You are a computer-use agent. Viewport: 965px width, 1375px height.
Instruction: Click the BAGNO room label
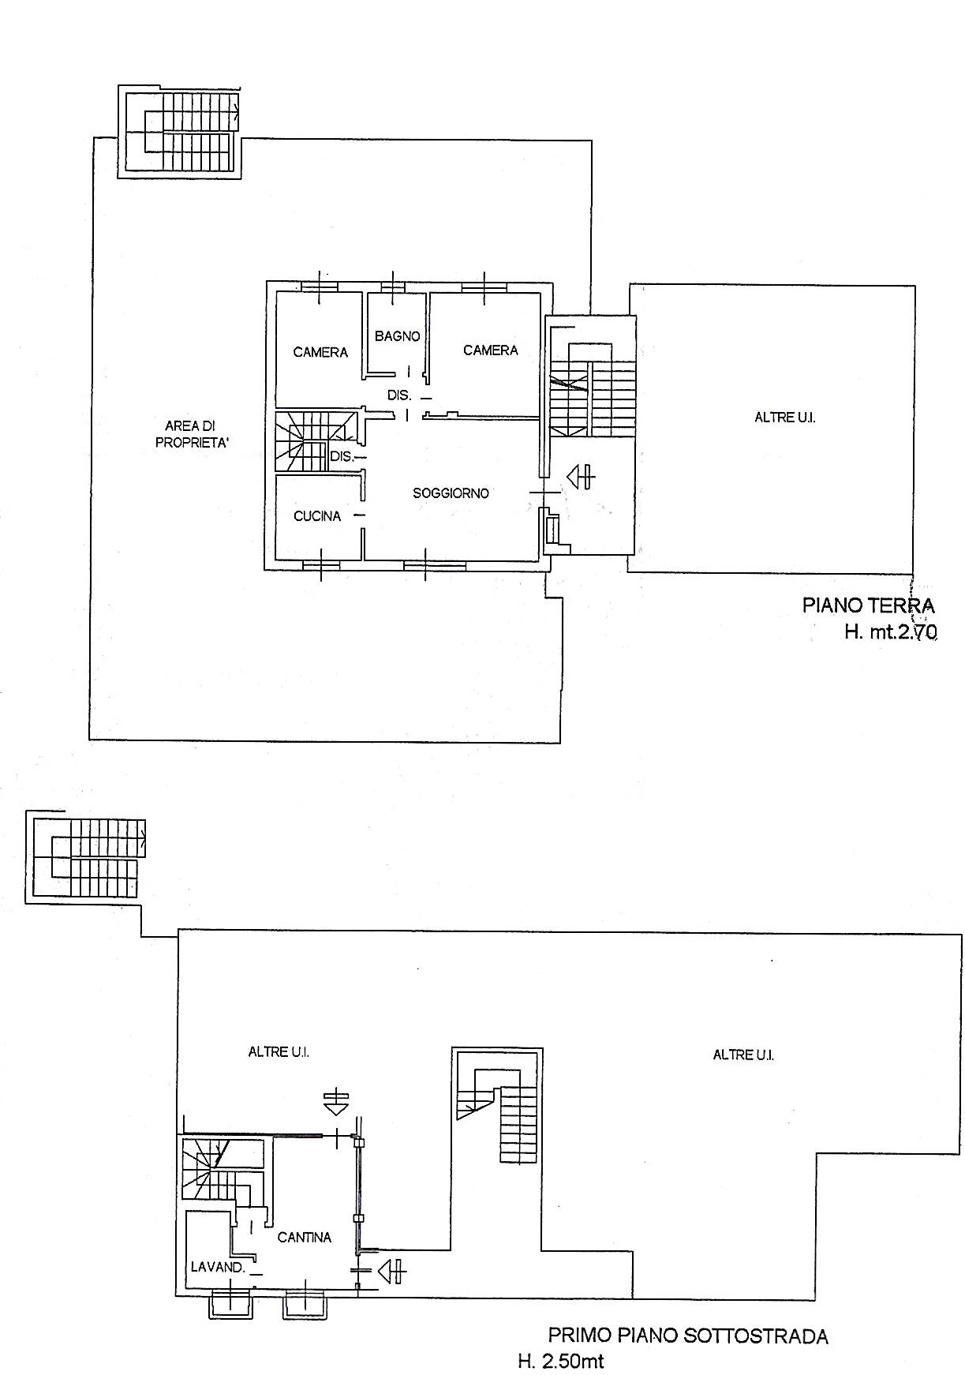point(397,336)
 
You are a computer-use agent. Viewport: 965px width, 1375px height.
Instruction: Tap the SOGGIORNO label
point(451,493)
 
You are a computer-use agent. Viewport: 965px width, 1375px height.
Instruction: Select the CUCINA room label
point(317,516)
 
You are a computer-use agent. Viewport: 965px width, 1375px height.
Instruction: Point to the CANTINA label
point(305,1238)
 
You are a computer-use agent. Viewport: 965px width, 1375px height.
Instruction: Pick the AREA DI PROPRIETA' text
point(192,435)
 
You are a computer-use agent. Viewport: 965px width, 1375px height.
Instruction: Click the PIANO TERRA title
point(868,606)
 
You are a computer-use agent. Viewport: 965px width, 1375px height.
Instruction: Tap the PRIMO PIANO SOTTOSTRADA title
point(688,1336)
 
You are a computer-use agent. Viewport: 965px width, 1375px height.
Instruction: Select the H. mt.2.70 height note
point(891,632)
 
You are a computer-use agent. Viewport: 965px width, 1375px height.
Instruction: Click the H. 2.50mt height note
point(561,1361)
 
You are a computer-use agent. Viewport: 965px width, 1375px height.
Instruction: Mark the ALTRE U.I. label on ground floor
point(785,418)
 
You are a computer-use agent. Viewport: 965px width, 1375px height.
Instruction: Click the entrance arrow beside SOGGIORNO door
point(581,477)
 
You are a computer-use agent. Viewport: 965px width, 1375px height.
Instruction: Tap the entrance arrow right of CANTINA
point(392,1272)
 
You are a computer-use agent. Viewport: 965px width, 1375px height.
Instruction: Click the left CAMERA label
point(320,352)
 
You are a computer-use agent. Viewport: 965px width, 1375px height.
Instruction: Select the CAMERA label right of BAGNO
point(490,350)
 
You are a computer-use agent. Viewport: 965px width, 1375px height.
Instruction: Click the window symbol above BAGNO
point(393,286)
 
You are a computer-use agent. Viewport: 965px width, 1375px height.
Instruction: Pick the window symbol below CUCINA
point(321,565)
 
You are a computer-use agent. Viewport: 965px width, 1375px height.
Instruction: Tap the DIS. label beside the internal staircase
point(341,456)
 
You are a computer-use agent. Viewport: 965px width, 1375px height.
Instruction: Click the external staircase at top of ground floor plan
point(180,132)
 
